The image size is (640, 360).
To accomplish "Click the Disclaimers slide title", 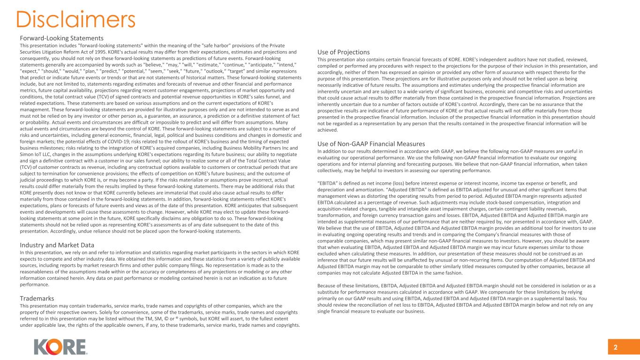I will [x=75, y=19].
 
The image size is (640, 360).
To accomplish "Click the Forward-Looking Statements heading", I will [x=61, y=38].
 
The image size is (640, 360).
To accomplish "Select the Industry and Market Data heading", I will [x=57, y=245].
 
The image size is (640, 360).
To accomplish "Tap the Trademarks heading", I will [x=37, y=298].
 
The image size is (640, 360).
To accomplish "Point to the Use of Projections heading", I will [x=344, y=52].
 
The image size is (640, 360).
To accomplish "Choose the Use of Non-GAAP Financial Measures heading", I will [x=371, y=144].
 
